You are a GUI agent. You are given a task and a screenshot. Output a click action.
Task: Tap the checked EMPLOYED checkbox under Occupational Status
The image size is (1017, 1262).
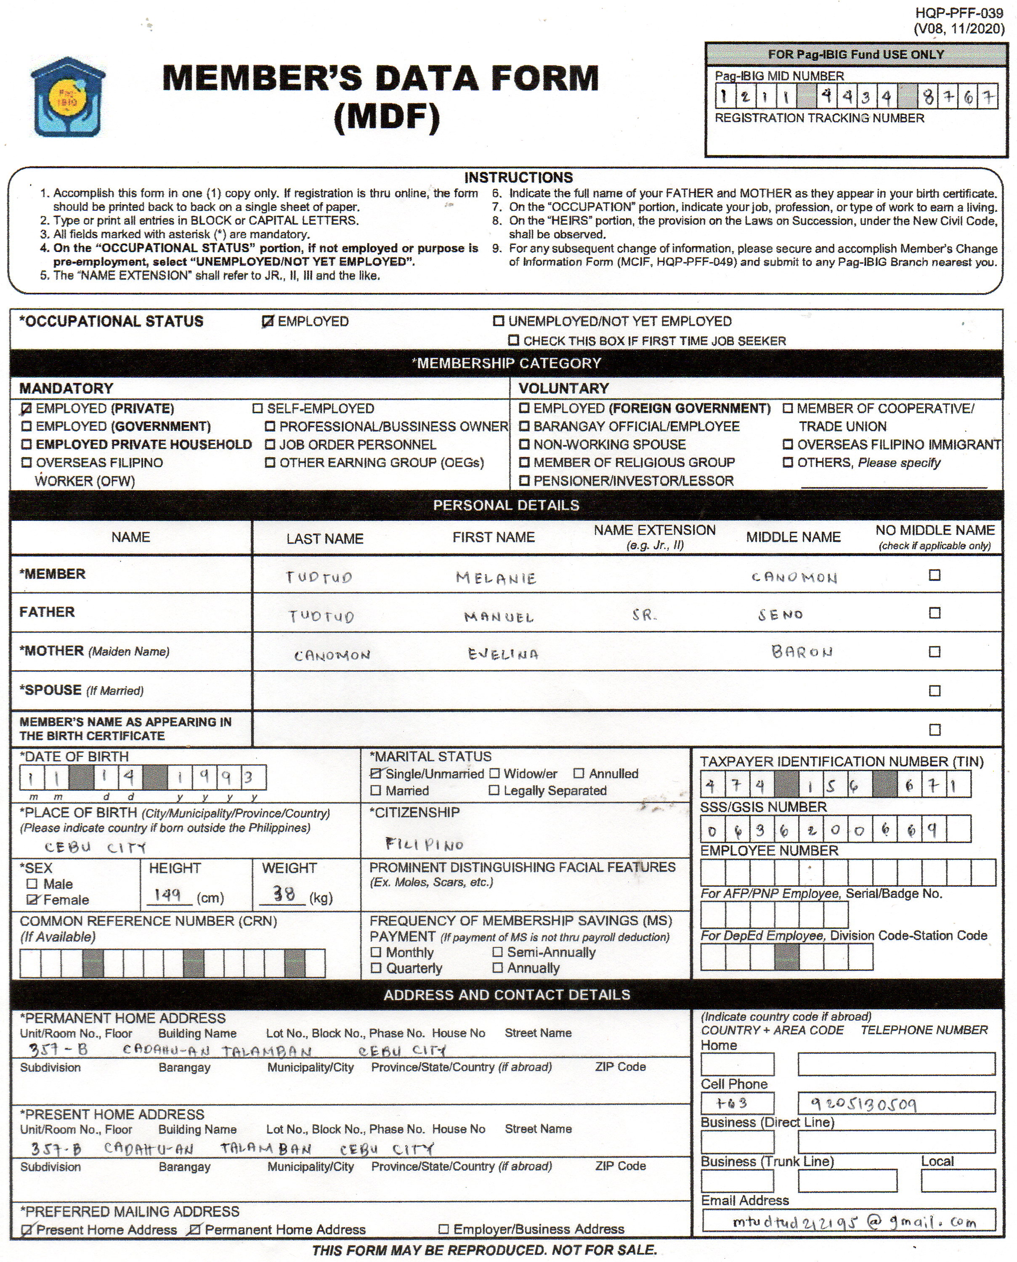coord(268,321)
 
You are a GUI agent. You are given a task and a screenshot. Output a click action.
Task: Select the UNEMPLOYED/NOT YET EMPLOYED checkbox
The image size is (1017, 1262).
coord(499,321)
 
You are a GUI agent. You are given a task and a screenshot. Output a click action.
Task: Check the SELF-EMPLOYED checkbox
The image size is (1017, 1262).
coord(257,409)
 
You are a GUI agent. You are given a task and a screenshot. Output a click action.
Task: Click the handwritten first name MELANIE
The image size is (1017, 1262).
coord(496,578)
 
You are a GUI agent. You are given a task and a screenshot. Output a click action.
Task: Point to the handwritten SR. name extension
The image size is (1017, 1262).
coord(645,615)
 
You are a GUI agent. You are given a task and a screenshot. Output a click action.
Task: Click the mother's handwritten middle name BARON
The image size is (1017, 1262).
coord(802,652)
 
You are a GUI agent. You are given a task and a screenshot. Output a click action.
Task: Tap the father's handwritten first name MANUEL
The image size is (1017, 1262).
coord(499,617)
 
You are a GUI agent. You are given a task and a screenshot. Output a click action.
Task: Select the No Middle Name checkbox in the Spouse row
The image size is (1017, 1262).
coord(935,691)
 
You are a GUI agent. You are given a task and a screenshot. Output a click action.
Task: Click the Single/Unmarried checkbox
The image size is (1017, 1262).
coord(375,774)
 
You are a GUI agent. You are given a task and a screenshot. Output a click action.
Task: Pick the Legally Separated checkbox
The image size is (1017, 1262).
coord(494,790)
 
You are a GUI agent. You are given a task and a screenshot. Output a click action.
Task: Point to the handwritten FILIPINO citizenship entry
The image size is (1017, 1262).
coord(424,844)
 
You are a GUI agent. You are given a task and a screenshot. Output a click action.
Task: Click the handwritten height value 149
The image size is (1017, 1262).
coord(167,895)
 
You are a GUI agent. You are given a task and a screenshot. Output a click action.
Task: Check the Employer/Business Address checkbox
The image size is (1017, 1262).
coord(444,1229)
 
